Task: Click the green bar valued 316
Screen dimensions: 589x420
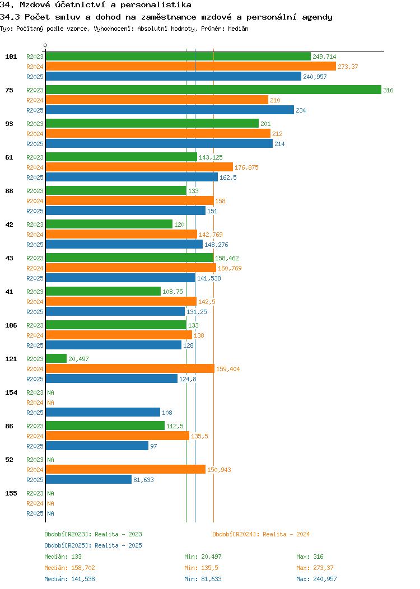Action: [x=213, y=90]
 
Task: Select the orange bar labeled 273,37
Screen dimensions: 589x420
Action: [x=190, y=67]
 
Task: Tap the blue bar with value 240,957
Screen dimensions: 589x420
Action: [x=173, y=77]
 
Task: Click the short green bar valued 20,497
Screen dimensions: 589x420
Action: [x=56, y=359]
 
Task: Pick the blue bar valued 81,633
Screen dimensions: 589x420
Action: [x=88, y=480]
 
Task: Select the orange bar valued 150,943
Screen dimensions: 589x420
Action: [x=125, y=470]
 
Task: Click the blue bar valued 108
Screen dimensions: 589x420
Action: [x=102, y=413]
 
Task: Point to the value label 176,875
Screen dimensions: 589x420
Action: [x=246, y=167]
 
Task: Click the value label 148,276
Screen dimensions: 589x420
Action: [x=216, y=245]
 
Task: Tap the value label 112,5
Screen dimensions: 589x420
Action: [x=175, y=426]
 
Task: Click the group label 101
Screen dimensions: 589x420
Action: [x=11, y=57]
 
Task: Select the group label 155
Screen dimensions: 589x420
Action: [x=11, y=493]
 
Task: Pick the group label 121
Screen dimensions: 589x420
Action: [x=11, y=359]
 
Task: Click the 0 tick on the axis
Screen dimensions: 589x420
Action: [x=45, y=46]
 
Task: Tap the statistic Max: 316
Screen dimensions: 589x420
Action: [x=310, y=557]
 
